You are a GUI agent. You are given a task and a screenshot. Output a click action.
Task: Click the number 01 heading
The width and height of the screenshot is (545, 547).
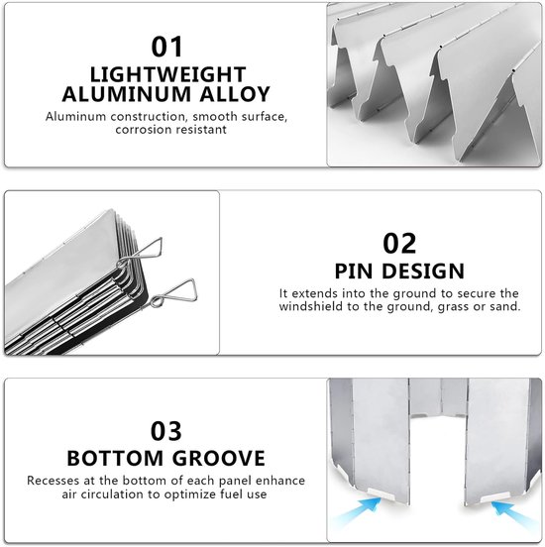[166, 47]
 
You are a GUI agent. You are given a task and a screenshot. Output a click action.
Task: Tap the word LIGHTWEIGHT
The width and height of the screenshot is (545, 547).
[168, 74]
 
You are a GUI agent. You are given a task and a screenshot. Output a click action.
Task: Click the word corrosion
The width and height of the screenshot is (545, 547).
[143, 130]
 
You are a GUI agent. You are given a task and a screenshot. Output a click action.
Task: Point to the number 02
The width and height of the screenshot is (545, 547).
[399, 243]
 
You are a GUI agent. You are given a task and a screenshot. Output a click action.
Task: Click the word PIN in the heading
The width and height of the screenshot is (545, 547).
[355, 272]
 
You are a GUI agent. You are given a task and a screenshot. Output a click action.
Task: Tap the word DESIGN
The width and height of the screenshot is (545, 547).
[423, 272]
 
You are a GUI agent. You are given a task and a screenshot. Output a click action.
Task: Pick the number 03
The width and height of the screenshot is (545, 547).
[166, 431]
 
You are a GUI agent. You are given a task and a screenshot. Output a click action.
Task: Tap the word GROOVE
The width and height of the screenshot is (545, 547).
[219, 458]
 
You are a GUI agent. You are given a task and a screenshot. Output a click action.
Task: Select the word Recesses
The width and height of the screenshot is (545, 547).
[54, 481]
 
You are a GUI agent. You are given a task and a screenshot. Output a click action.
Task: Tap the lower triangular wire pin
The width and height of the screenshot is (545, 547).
[173, 293]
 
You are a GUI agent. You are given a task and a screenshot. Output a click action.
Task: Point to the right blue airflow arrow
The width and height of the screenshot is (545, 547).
[512, 514]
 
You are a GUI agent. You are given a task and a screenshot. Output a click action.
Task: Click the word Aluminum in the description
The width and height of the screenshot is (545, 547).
[75, 116]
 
